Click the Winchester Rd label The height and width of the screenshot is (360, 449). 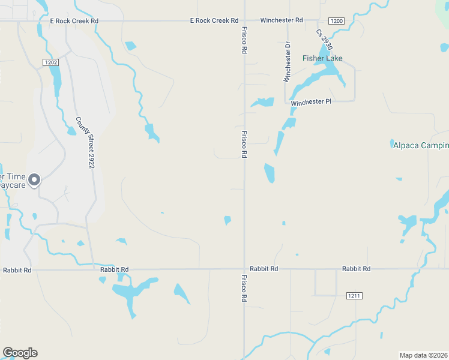[x=281, y=20]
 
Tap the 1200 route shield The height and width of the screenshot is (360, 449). [x=337, y=21]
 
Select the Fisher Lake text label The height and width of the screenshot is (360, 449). [x=322, y=58]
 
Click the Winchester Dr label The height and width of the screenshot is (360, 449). [x=287, y=62]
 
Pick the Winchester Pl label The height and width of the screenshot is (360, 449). [x=311, y=102]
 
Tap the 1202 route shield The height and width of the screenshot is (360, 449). [x=50, y=62]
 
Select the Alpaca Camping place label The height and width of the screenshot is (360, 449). [x=420, y=145]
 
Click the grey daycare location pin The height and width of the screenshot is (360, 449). [x=35, y=179]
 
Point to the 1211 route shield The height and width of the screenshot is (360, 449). [x=354, y=296]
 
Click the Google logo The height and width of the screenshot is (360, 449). [x=20, y=353]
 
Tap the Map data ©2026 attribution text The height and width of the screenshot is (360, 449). [x=424, y=355]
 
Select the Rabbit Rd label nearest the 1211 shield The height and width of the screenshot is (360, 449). [x=356, y=269]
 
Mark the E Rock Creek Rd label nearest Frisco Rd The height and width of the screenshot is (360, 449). [x=214, y=20]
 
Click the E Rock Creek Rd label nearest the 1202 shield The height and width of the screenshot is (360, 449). [x=74, y=20]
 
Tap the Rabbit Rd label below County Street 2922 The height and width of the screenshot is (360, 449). [x=115, y=270]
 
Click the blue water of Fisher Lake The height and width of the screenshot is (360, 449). [x=330, y=71]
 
